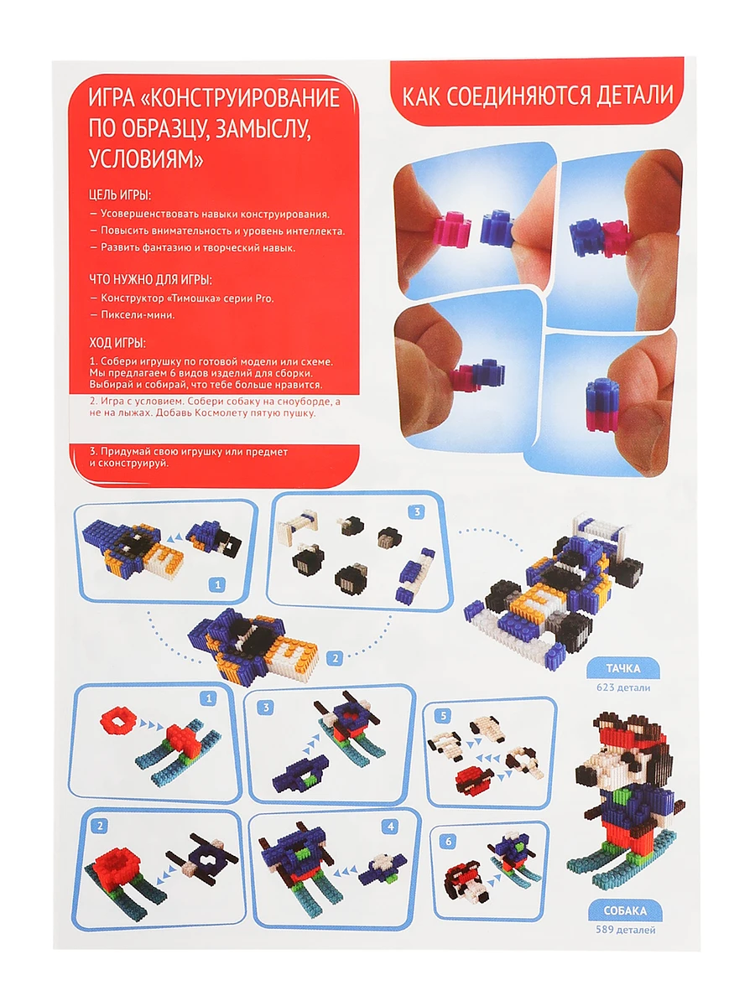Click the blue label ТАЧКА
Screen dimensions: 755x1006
click(623, 668)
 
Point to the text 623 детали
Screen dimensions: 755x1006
click(623, 687)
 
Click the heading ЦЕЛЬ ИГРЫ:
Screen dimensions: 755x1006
click(120, 195)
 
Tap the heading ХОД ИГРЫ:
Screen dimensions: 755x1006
click(117, 343)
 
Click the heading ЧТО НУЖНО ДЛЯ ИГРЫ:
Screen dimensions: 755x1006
click(150, 279)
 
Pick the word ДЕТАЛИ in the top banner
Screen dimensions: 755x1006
click(634, 96)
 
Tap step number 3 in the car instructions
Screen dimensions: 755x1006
click(417, 512)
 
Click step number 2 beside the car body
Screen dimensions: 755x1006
click(335, 659)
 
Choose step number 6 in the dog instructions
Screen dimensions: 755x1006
click(448, 842)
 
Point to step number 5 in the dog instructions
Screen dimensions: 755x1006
click(443, 716)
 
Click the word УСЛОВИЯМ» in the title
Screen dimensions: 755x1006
click(146, 159)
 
